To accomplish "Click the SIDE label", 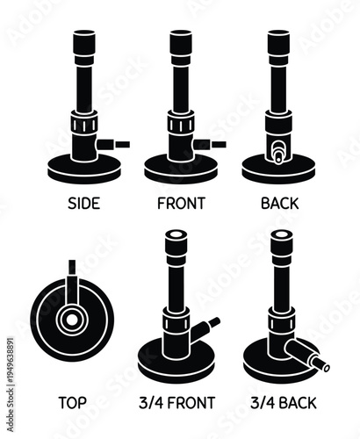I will tap(83, 203).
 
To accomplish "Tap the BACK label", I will tap(279, 203).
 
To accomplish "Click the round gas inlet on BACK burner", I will tap(279, 150).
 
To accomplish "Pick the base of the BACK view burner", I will tap(279, 169).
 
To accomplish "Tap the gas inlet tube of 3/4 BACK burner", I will tap(312, 358).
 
